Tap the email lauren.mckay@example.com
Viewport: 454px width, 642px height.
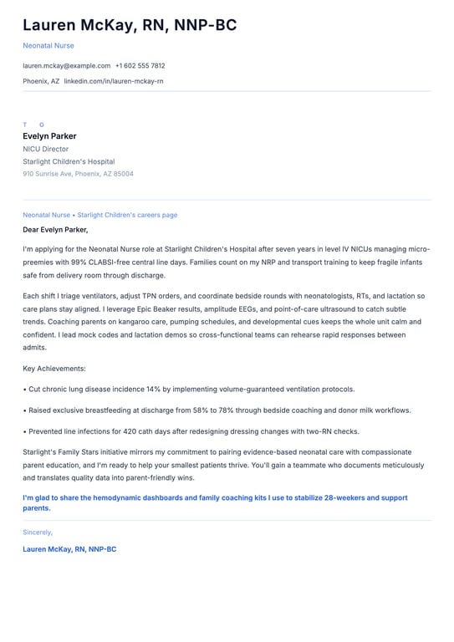(67, 65)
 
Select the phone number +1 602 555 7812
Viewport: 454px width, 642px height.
(140, 65)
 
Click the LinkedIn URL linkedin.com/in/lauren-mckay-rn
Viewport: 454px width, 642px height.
(114, 81)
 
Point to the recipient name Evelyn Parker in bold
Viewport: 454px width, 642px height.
(49, 136)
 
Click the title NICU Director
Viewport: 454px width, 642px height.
(46, 149)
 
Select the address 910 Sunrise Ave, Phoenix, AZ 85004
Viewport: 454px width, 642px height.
(78, 174)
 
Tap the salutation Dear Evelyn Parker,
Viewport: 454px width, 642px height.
(55, 229)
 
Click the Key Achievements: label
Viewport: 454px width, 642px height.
(54, 369)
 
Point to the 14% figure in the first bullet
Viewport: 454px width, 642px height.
(153, 390)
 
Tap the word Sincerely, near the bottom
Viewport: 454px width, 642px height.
(38, 532)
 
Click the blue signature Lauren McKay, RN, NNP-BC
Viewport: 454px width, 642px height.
(69, 549)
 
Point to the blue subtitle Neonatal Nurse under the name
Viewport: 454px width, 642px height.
(48, 45)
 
